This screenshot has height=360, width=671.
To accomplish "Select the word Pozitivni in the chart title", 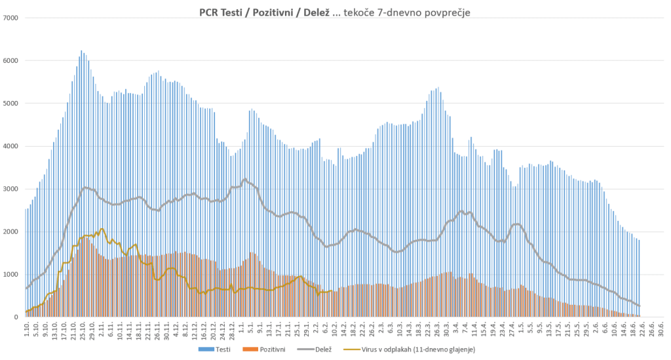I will tap(278, 12).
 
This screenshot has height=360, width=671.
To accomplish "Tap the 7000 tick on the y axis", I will tap(11, 18).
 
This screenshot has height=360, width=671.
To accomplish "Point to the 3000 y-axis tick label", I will tap(11, 189).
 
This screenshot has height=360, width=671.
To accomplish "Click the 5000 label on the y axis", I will tap(11, 104).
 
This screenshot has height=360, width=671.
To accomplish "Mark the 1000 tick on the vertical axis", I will tap(11, 275).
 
